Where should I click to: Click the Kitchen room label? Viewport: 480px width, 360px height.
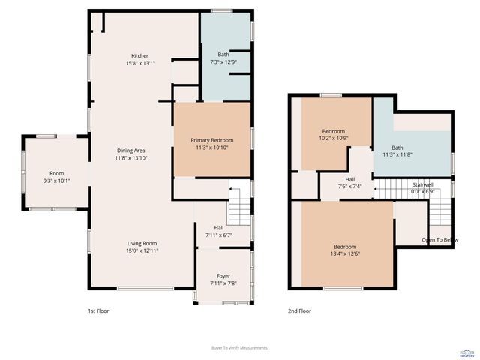(140, 56)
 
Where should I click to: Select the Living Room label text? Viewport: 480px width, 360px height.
(141, 243)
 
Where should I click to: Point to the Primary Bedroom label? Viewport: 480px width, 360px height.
(211, 141)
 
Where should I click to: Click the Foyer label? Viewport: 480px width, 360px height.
(223, 275)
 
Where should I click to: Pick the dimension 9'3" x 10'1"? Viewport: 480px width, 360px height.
(57, 180)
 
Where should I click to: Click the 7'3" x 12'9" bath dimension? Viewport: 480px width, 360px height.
(223, 63)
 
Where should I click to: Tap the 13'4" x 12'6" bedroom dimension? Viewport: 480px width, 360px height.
(345, 254)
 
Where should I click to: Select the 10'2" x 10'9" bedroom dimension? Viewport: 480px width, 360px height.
(334, 139)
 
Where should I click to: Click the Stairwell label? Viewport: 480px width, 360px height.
(423, 184)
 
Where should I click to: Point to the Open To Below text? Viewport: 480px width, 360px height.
(440, 240)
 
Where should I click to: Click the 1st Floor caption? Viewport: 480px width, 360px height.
(98, 310)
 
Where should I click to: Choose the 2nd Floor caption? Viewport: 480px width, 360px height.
(299, 310)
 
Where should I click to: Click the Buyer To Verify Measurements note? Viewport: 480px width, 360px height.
(240, 348)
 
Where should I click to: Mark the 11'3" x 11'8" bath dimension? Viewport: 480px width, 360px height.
(397, 155)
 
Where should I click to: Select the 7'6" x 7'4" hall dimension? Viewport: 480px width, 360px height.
(349, 187)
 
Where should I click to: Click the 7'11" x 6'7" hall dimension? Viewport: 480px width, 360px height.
(219, 235)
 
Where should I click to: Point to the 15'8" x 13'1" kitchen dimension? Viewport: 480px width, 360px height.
(140, 64)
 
